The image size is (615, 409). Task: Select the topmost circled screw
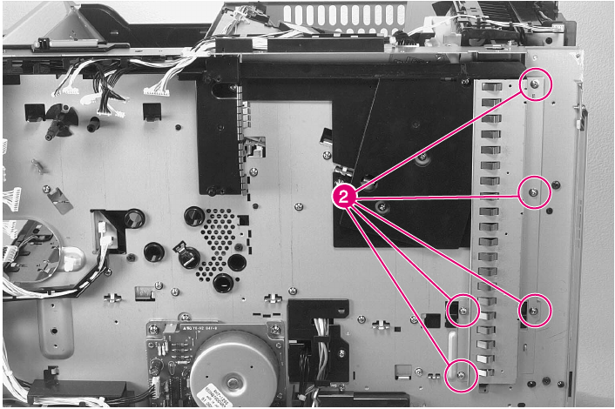(x=535, y=84)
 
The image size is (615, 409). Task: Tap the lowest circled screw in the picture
(x=461, y=375)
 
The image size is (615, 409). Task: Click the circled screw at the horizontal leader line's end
(x=534, y=191)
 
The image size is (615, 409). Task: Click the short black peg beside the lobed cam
(x=92, y=124)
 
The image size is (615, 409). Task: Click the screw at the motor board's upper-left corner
(x=154, y=328)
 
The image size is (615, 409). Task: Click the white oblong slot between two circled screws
(x=453, y=345)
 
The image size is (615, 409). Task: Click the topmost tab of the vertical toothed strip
(x=491, y=87)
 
